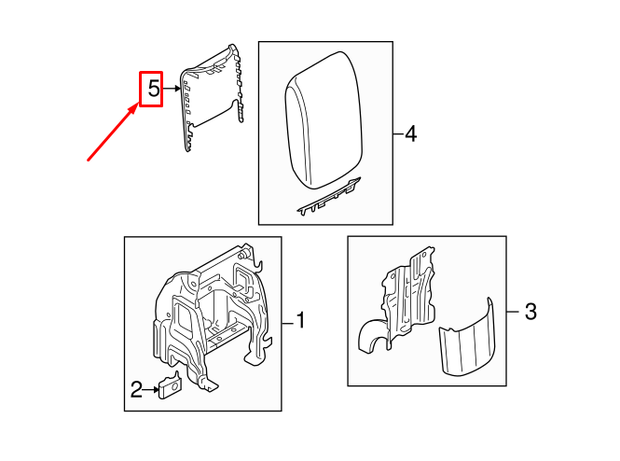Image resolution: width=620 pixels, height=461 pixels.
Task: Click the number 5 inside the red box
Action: (x=151, y=91)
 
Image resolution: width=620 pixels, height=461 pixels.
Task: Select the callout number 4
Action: (x=410, y=135)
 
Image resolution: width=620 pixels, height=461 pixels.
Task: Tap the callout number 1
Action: (x=300, y=321)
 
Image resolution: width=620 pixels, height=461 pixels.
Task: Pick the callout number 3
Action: (x=530, y=312)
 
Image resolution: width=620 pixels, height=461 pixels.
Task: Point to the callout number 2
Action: (x=136, y=390)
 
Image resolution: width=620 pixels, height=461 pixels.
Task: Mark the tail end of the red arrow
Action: (x=90, y=160)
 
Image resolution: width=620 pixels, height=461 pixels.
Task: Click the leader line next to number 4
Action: (x=397, y=135)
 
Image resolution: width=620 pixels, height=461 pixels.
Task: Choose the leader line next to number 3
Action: (x=512, y=312)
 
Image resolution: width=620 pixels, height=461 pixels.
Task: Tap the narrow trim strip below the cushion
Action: (x=327, y=197)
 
